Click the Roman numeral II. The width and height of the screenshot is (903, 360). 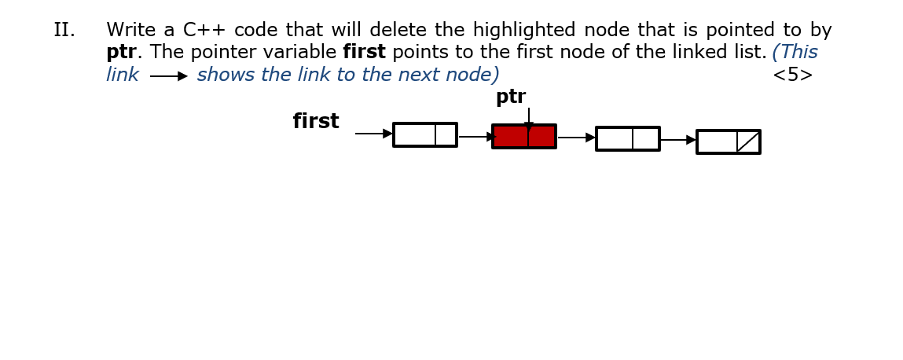point(64,31)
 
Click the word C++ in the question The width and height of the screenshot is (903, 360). point(204,31)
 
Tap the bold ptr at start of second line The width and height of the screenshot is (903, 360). point(121,53)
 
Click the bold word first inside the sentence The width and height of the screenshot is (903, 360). point(364,53)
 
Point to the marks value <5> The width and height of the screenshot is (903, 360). point(792,75)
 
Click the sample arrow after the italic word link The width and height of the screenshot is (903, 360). point(168,76)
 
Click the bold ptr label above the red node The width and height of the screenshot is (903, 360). point(511,97)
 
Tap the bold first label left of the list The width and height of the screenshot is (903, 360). point(316,122)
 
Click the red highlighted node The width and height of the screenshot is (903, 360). point(524,137)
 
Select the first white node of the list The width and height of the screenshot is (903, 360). point(424,134)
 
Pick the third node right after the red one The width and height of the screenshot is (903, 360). point(627,138)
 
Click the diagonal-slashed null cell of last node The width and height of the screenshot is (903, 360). point(748,142)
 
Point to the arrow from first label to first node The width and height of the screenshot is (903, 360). point(373,134)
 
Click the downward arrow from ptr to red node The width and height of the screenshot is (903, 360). point(529,117)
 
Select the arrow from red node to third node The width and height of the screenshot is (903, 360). point(576,138)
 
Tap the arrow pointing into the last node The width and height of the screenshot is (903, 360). point(677,140)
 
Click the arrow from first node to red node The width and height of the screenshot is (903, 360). point(475,137)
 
